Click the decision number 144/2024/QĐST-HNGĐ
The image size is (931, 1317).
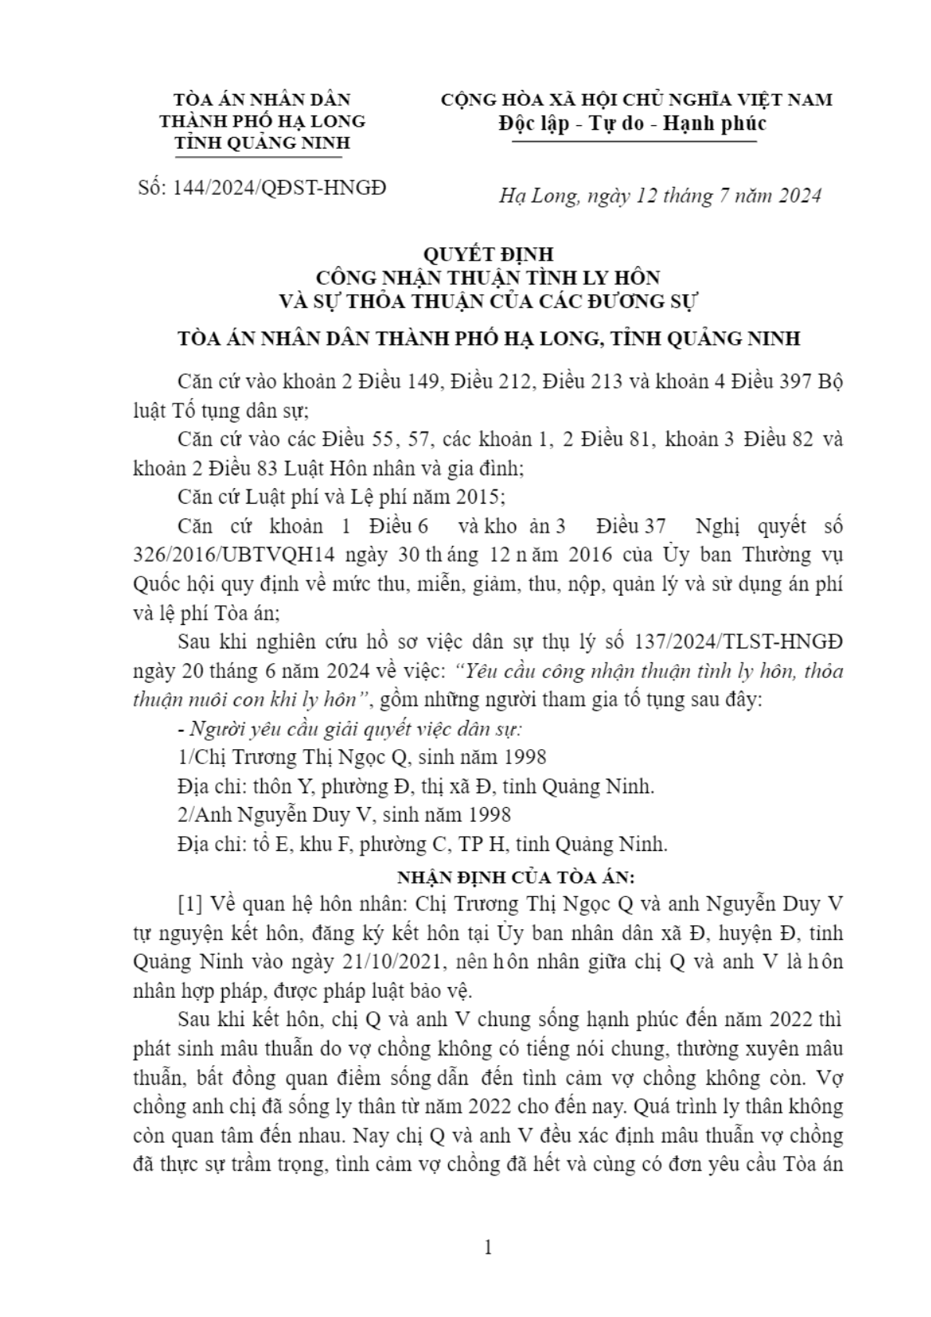(284, 188)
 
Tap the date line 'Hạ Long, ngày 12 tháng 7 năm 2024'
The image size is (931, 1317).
(660, 196)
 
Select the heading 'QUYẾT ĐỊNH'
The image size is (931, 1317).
(487, 254)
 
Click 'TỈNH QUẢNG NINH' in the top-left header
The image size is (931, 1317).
(262, 143)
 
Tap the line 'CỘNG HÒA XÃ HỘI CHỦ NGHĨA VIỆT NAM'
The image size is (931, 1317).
(636, 100)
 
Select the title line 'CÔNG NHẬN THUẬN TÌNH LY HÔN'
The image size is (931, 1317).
(487, 277)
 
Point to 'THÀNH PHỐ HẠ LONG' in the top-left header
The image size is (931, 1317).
(262, 121)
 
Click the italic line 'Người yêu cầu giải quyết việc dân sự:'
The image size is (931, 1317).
(350, 728)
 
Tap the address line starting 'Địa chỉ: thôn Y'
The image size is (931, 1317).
(415, 786)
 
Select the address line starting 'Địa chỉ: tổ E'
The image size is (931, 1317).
(422, 844)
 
